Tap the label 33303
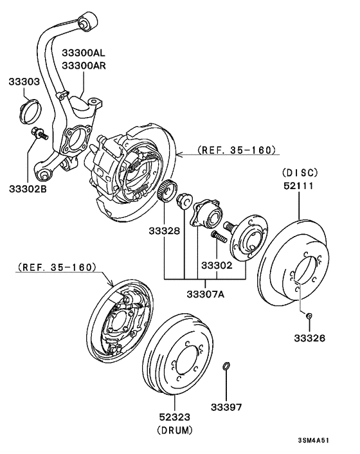tap(24, 82)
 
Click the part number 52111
tap(300, 185)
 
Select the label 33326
tap(309, 337)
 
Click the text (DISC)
tap(300, 172)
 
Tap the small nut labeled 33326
tap(309, 315)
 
